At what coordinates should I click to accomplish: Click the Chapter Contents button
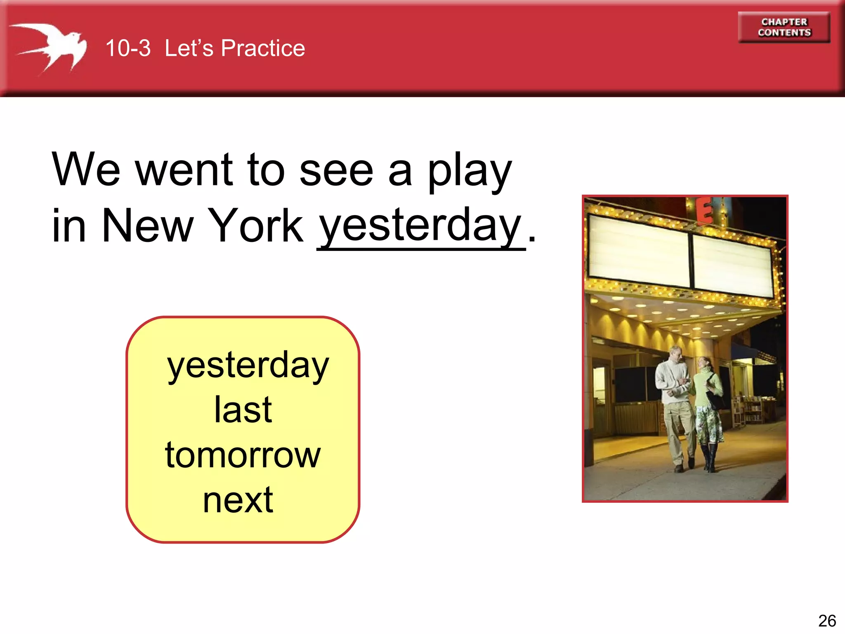[784, 27]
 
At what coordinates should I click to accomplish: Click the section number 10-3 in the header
[128, 48]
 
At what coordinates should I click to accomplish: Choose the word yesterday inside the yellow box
[248, 366]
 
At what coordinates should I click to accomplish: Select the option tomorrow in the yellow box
[243, 455]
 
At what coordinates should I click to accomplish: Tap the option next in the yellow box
[238, 500]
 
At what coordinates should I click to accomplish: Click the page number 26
[827, 620]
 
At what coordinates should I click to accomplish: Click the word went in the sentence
[184, 169]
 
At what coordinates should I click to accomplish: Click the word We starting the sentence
[86, 169]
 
